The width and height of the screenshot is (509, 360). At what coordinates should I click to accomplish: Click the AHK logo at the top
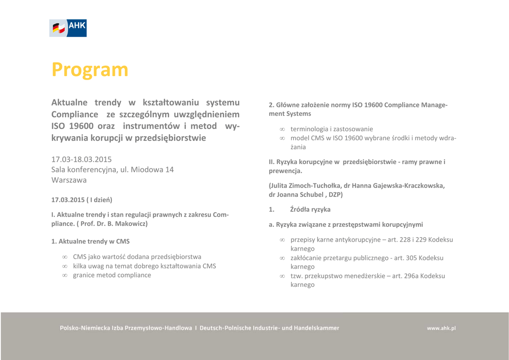click(68, 28)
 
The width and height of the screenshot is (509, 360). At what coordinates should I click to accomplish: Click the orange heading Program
click(90, 70)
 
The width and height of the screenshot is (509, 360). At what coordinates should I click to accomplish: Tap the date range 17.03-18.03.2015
click(82, 160)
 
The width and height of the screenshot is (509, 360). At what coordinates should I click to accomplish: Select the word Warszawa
click(69, 180)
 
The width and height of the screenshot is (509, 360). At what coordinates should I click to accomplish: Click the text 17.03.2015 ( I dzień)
click(82, 200)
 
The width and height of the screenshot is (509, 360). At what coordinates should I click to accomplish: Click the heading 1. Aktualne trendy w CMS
click(90, 241)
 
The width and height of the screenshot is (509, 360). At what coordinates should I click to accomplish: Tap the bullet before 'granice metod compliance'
click(65, 275)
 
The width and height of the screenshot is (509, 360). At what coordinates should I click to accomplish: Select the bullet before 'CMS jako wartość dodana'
click(65, 257)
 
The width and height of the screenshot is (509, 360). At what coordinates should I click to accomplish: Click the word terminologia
click(309, 129)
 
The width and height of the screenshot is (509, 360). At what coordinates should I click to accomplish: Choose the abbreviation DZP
click(335, 194)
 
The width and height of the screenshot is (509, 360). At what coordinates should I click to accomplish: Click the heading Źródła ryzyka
click(310, 209)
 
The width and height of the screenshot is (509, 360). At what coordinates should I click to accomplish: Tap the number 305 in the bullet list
click(411, 258)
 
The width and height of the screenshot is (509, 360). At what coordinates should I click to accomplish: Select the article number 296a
click(411, 276)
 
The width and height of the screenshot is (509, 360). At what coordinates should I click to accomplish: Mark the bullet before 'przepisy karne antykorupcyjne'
click(282, 240)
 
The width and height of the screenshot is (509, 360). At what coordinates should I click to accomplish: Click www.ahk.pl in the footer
click(441, 328)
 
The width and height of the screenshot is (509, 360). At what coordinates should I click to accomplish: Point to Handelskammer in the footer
click(317, 328)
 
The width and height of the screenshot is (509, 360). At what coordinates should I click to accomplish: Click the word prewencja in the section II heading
click(284, 171)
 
